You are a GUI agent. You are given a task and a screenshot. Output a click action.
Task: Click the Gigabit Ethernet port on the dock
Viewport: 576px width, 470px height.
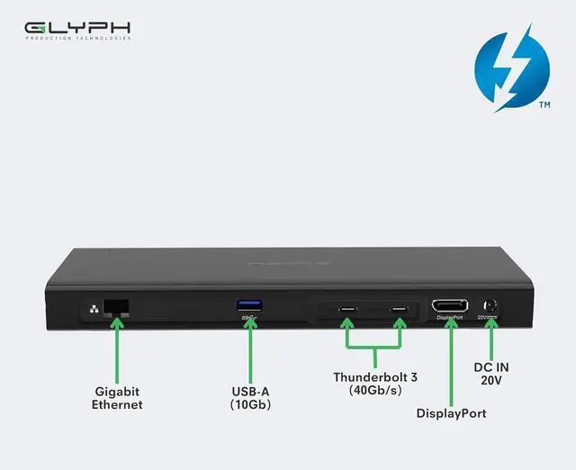pos(115,306)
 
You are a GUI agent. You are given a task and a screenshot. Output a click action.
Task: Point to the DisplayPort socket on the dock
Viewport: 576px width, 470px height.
pos(449,306)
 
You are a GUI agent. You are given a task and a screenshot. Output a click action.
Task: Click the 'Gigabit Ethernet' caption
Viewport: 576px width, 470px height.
pos(117,398)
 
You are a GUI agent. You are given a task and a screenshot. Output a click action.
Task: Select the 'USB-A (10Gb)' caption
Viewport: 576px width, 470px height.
pos(250,398)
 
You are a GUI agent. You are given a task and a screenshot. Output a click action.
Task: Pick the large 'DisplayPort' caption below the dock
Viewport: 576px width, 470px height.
pos(451,413)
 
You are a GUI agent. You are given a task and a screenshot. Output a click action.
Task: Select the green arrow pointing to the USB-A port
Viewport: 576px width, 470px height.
pos(250,347)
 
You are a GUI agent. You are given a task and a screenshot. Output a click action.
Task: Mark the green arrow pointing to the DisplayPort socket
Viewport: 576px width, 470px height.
pos(450,356)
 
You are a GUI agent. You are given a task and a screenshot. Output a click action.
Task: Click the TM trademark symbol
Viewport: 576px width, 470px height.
pos(544,105)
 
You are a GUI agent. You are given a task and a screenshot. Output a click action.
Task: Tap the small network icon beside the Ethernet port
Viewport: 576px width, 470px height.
pos(93,308)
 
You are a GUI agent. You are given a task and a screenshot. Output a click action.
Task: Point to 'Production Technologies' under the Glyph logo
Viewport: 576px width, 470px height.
pos(77,38)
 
